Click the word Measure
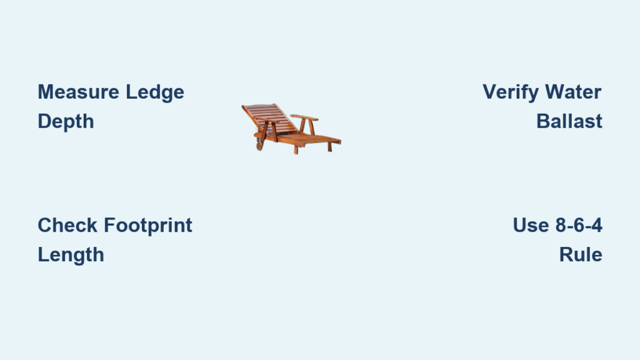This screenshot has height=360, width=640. [x=78, y=92]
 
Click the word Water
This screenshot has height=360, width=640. [x=573, y=92]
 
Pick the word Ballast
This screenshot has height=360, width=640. [x=569, y=121]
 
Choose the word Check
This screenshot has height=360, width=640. [x=67, y=225]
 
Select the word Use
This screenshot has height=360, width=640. [x=531, y=225]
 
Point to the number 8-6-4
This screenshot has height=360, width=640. [x=579, y=225]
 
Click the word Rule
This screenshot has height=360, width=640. [x=581, y=254]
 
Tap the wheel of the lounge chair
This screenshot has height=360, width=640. [x=259, y=145]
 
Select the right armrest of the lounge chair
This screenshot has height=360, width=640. [x=304, y=117]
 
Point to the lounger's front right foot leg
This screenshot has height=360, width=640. [x=330, y=147]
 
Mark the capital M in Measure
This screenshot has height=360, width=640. [x=46, y=92]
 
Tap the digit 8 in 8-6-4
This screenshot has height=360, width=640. [x=561, y=225]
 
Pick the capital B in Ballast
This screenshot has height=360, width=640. [x=544, y=121]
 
